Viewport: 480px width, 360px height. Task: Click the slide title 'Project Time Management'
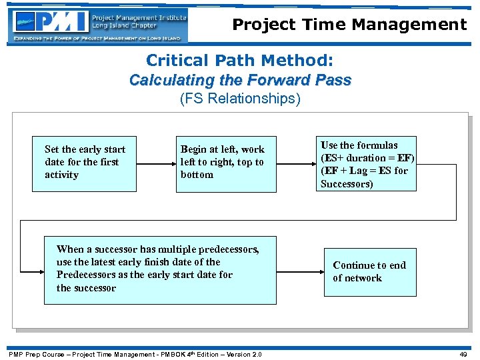click(349, 25)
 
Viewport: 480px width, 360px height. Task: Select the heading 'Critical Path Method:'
click(239, 61)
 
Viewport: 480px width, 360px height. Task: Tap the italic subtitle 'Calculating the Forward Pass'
click(240, 81)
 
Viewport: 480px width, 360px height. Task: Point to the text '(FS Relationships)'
click(240, 100)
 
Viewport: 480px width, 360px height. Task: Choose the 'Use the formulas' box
click(367, 163)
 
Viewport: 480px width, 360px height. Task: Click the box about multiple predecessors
click(160, 270)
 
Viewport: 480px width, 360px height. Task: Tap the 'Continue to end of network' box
click(369, 271)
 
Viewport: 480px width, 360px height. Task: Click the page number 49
click(463, 354)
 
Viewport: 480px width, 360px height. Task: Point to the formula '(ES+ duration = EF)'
click(367, 158)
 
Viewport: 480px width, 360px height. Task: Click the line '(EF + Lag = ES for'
click(364, 171)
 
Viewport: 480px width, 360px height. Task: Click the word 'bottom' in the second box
click(197, 175)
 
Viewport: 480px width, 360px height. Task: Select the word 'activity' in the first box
click(61, 175)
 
